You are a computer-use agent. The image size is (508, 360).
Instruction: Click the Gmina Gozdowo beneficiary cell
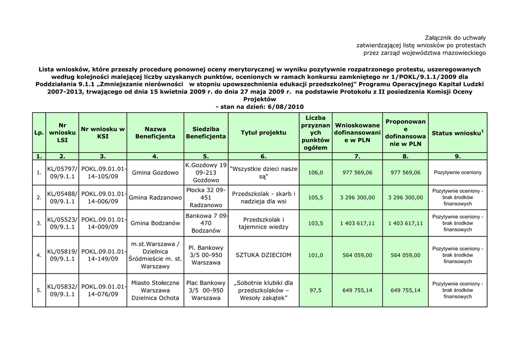coord(155,173)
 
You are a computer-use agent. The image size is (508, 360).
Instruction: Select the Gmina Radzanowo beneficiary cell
coord(155,198)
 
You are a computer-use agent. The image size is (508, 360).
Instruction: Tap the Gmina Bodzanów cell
coord(155,223)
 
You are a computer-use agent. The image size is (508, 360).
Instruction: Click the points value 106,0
coord(316,173)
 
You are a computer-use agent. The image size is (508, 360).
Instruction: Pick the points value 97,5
coord(316,290)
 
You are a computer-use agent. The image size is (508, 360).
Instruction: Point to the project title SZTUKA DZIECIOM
coord(263,255)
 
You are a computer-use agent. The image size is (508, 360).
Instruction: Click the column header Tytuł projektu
coord(263,133)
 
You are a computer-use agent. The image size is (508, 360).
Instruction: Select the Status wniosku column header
coord(457,133)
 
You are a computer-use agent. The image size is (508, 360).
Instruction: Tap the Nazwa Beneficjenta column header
coord(155,133)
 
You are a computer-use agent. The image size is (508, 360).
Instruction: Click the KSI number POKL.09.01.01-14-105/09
coord(103,173)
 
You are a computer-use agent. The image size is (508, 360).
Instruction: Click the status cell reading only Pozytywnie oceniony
coord(457,173)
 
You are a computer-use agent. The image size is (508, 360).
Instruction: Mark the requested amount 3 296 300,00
coord(357,198)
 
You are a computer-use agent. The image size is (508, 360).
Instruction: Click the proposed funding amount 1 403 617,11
coord(405,223)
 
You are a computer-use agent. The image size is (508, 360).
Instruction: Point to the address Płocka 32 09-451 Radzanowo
coord(206,198)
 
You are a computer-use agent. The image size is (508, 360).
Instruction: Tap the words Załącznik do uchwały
coord(455,38)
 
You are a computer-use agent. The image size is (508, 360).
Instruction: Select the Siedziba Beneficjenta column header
coord(206,133)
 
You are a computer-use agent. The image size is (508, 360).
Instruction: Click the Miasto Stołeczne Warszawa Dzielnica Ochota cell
coord(155,290)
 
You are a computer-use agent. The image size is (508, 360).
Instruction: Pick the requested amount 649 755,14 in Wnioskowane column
coord(357,290)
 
